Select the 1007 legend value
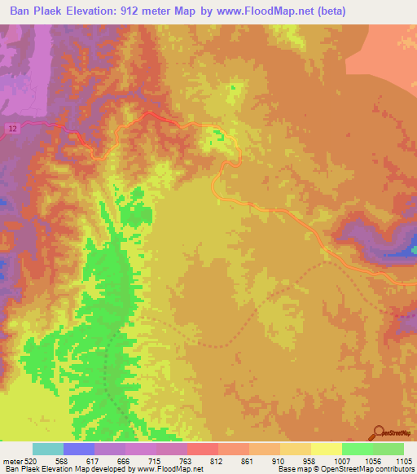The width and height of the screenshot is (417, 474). tap(342, 460)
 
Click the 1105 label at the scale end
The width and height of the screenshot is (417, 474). tap(402, 460)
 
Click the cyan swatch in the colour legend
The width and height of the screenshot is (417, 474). tap(48, 449)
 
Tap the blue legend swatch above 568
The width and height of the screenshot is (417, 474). tap(79, 449)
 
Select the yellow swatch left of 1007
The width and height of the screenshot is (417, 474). tap(326, 449)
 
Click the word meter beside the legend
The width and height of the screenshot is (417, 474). tap(11, 460)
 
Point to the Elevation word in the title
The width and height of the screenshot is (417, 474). tap(94, 11)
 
